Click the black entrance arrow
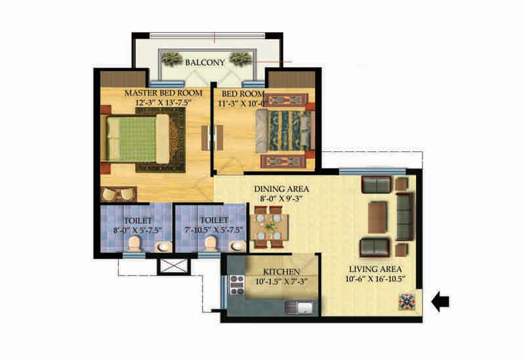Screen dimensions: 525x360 440,301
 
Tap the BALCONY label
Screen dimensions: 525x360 205,62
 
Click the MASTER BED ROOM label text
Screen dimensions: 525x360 163,93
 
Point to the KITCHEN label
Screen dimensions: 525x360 282,271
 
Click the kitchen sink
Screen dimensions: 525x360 299,308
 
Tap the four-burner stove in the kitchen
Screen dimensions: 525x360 237,285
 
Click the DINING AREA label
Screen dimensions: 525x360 282,190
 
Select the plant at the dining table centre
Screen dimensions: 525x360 269,227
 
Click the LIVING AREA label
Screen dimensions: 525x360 375,269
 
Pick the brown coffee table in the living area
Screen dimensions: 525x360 377,217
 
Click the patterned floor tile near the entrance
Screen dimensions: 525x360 406,302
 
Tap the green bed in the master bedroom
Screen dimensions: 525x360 138,139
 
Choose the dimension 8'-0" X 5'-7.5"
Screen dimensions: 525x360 138,230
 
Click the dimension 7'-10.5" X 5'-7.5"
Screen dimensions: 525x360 214,230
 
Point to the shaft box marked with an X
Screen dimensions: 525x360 174,266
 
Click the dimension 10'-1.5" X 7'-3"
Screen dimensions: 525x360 282,282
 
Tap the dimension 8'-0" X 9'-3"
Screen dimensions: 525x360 282,199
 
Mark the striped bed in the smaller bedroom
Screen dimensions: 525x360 285,130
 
